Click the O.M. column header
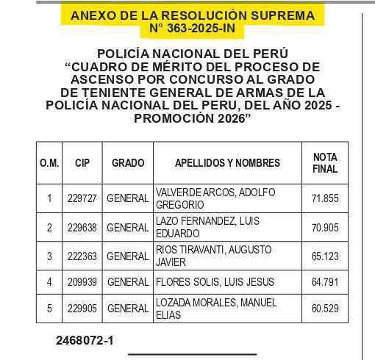coord(49,163)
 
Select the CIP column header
coord(82,163)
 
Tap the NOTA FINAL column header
coord(325,163)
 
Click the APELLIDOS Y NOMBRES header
coord(227,163)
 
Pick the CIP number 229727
coord(82,198)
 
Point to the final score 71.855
coord(325,198)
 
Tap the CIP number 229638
coord(82,228)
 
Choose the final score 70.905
coord(325,228)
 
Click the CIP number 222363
coord(82,256)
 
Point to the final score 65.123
coord(325,256)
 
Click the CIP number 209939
coord(82,282)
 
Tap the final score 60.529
coord(325,309)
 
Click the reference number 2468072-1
coord(84,341)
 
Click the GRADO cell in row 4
coord(128,282)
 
